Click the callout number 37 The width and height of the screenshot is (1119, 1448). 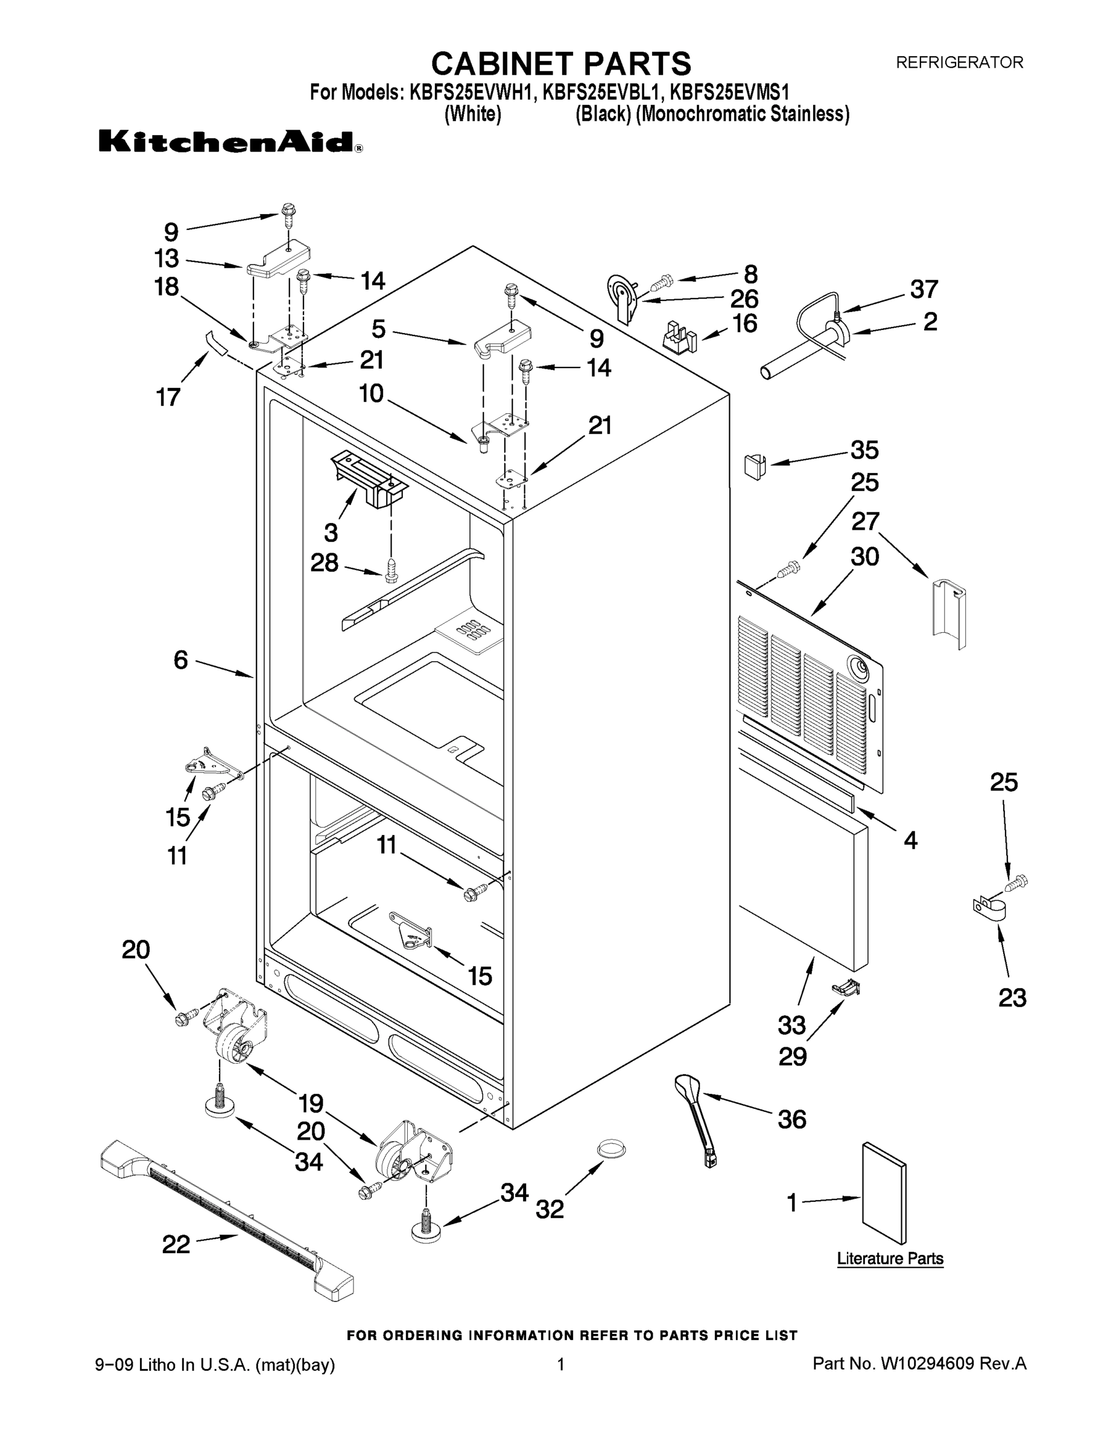click(x=924, y=289)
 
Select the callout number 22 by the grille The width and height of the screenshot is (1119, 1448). click(x=176, y=1244)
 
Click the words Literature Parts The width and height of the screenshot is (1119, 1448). click(x=890, y=1259)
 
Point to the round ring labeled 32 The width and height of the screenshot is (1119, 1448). click(x=611, y=1148)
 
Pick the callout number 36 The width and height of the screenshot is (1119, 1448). click(x=791, y=1119)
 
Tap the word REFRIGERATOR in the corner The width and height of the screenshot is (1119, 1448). click(x=959, y=62)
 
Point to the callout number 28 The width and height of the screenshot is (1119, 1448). click(x=324, y=563)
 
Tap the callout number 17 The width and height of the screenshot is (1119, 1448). click(x=168, y=397)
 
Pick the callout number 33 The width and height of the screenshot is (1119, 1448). click(x=791, y=1025)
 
